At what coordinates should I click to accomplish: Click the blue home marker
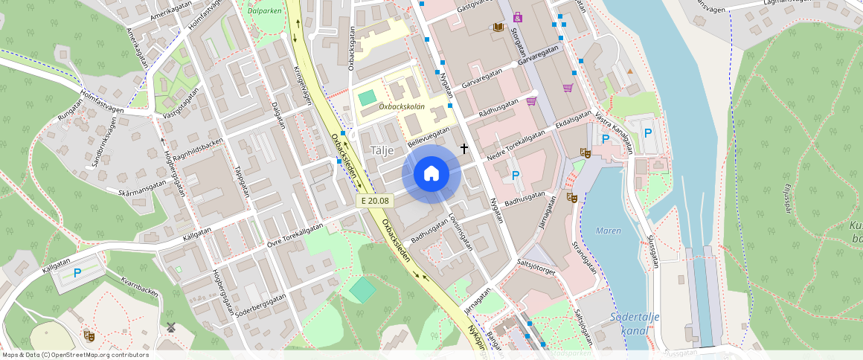pyautogui.click(x=431, y=174)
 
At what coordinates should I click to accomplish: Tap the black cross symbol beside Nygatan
pyautogui.click(x=464, y=149)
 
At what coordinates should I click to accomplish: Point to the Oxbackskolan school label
pyautogui.click(x=401, y=106)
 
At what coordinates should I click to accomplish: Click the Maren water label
pyautogui.click(x=608, y=231)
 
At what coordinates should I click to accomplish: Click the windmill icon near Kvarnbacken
pyautogui.click(x=170, y=327)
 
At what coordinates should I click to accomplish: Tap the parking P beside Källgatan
pyautogui.click(x=77, y=273)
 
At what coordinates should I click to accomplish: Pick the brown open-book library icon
pyautogui.click(x=498, y=28)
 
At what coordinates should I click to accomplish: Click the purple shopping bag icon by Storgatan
pyautogui.click(x=517, y=16)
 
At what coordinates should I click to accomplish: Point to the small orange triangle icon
pyautogui.click(x=630, y=71)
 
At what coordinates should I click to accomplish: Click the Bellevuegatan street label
pyautogui.click(x=430, y=136)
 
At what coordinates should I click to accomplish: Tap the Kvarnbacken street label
pyautogui.click(x=139, y=285)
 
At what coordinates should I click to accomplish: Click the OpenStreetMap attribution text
pyautogui.click(x=74, y=355)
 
